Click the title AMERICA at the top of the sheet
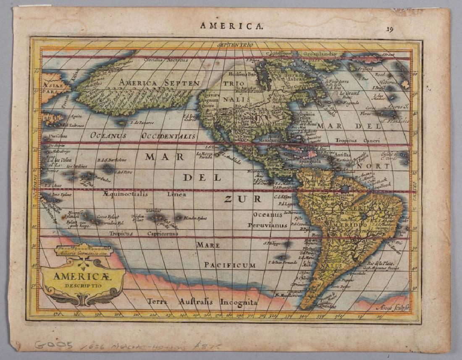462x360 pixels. (x=231, y=26)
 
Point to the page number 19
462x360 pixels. (x=390, y=29)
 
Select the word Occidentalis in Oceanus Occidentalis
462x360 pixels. (x=168, y=136)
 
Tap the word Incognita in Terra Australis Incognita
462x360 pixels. (x=238, y=302)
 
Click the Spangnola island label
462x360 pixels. (x=310, y=161)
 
